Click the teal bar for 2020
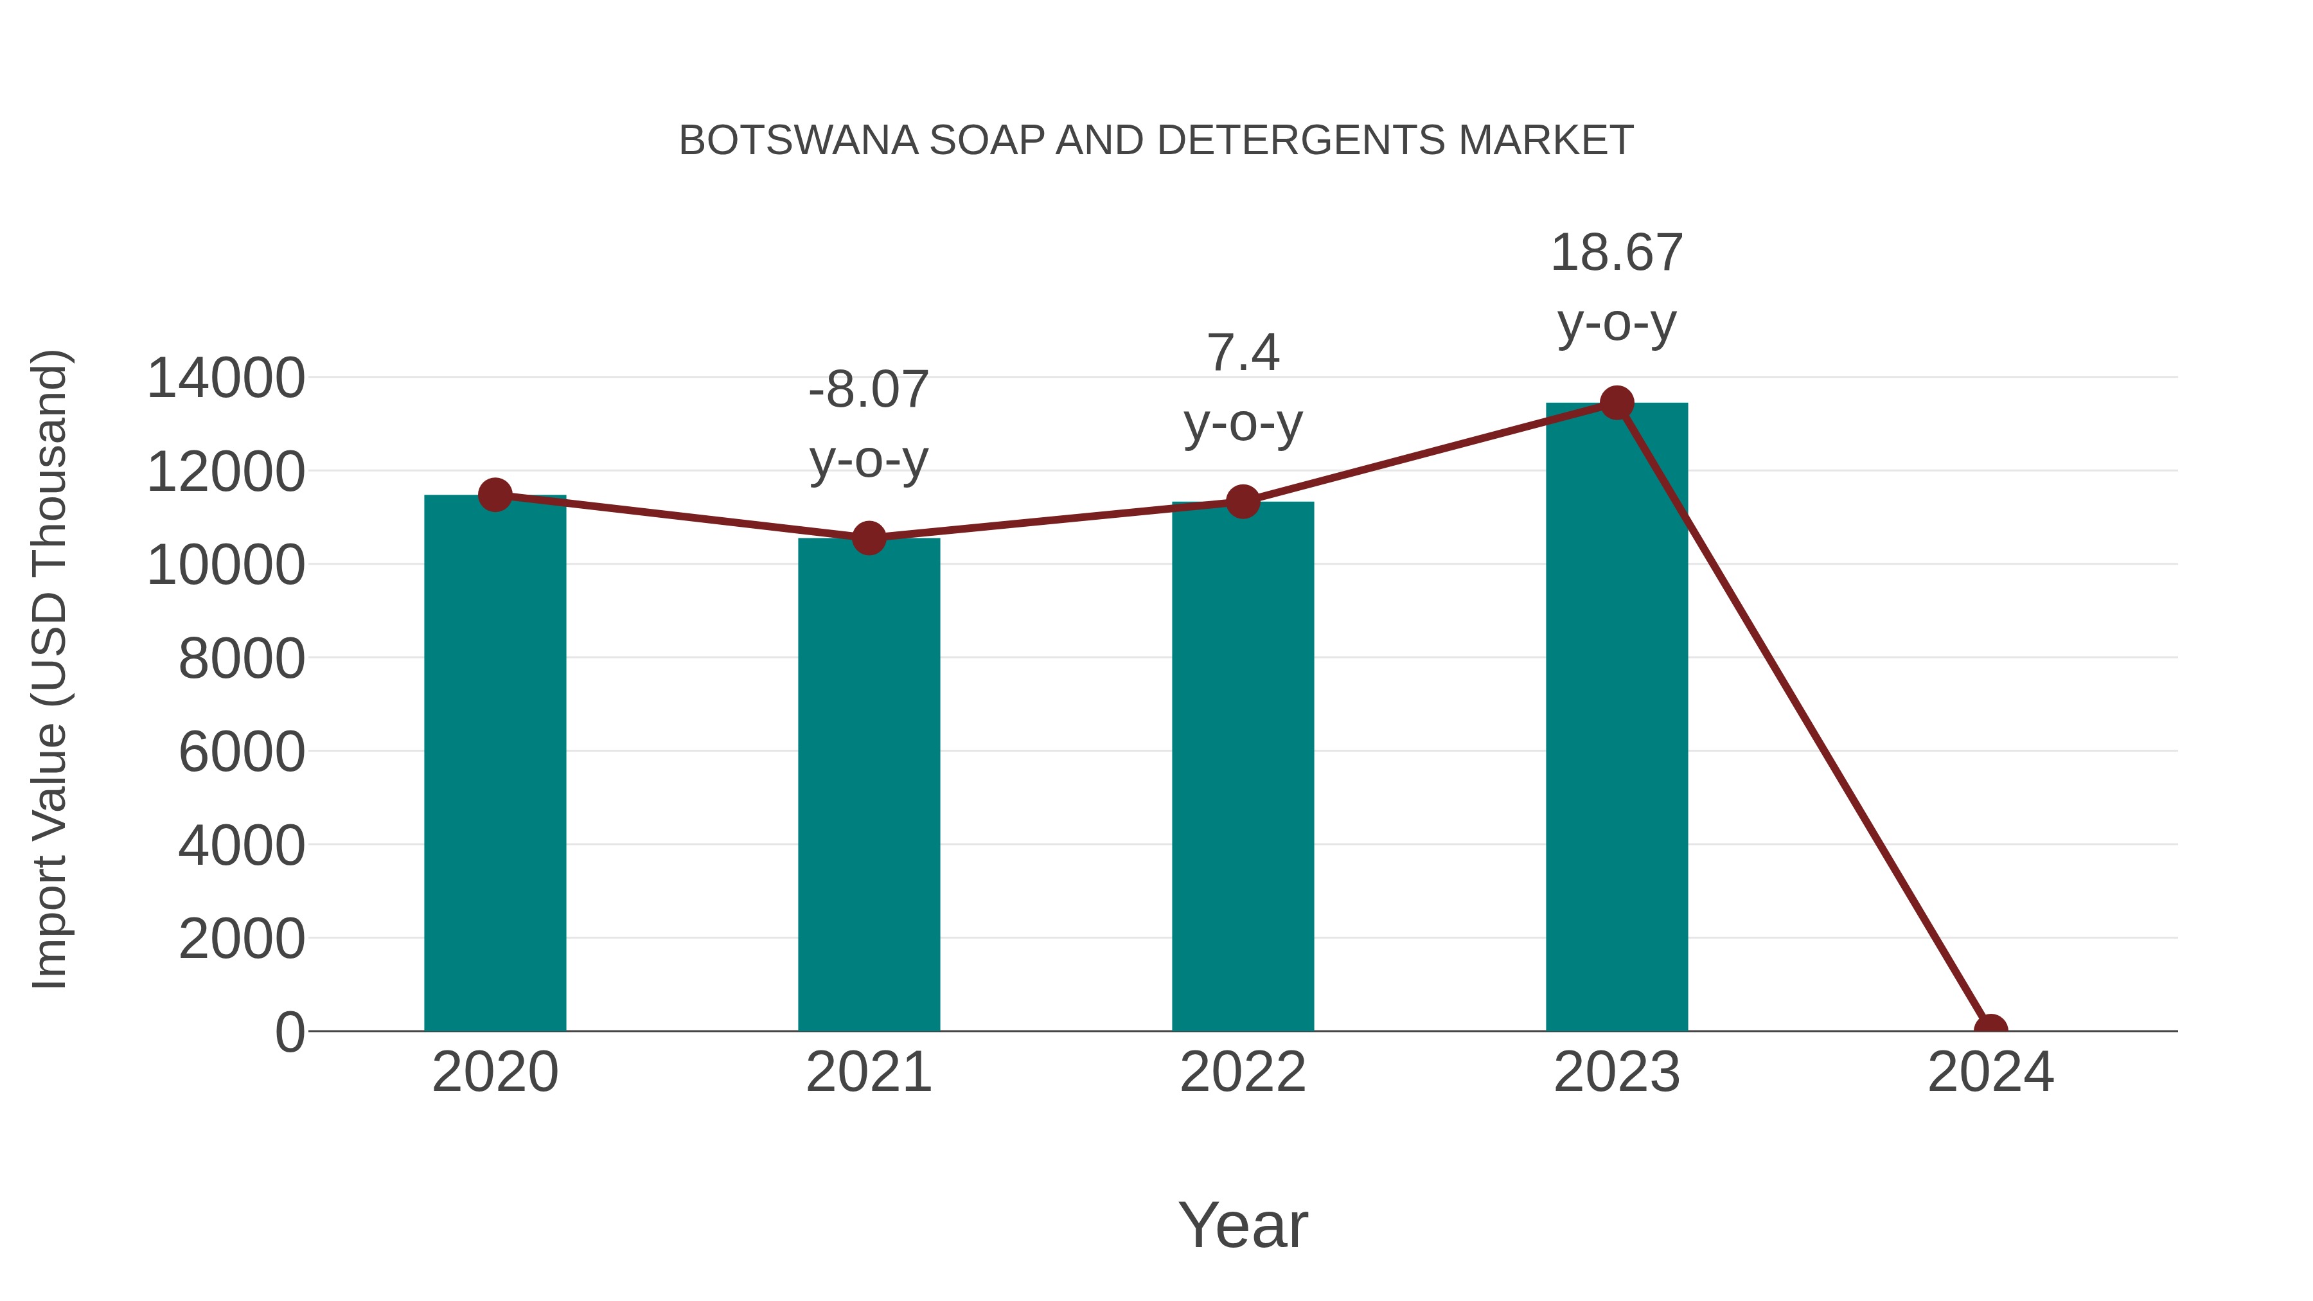click(495, 763)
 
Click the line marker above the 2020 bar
click(495, 495)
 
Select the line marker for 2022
click(1243, 502)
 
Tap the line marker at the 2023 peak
click(1617, 403)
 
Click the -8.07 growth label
click(868, 390)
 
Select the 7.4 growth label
click(1243, 353)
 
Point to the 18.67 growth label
click(1617, 253)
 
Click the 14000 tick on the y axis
click(226, 378)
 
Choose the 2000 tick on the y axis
click(242, 939)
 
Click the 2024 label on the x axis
click(1990, 1072)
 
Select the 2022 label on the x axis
click(1243, 1072)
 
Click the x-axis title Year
click(1243, 1225)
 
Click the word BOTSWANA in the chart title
click(797, 141)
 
